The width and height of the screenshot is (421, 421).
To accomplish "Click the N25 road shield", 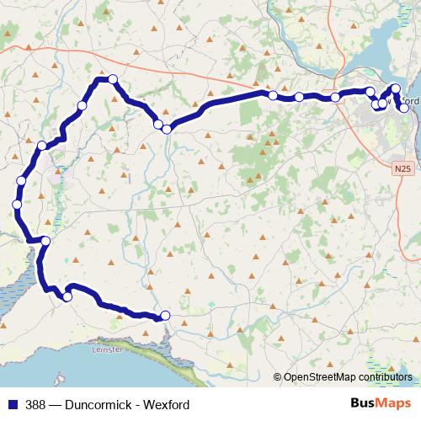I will [403, 168].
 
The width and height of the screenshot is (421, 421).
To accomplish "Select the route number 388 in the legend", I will [36, 404].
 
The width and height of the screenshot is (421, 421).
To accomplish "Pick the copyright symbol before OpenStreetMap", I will [278, 377].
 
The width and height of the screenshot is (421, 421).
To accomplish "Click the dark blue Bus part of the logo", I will [365, 403].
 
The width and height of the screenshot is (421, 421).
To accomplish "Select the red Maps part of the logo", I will [397, 403].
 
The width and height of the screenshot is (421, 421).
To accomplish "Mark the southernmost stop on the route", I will [165, 316].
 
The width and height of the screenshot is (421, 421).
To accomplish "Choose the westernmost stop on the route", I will [17, 205].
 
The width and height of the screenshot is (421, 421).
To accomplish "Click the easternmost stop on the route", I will [404, 108].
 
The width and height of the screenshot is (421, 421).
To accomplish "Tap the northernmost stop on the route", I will [111, 79].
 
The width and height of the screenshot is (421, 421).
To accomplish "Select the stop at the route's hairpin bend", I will [67, 296].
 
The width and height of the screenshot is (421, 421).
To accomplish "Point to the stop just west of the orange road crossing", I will [157, 125].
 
